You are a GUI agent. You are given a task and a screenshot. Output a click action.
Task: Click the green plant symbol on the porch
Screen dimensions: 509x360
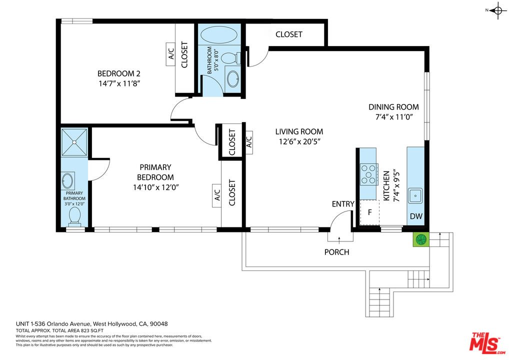point(421,239)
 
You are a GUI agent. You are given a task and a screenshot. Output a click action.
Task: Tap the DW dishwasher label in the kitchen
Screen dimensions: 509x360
point(416,216)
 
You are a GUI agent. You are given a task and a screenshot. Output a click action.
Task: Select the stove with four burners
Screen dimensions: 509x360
point(368,174)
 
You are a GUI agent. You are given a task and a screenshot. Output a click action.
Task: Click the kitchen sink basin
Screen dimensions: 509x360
point(415,195)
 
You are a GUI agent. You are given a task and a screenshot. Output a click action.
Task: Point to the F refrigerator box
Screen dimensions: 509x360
point(369,212)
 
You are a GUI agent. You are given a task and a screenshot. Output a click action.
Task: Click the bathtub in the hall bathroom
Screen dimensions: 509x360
point(219,34)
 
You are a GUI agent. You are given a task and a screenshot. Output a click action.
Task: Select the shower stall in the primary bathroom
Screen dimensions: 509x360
point(74,142)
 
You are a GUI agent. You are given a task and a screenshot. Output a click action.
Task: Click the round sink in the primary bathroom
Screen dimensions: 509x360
point(67,181)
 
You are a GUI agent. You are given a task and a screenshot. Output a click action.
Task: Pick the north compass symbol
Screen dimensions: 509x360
point(497,10)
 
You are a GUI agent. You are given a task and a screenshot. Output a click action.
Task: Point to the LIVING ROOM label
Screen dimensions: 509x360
point(299,131)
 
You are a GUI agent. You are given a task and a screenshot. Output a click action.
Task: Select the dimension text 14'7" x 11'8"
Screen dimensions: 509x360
point(119,83)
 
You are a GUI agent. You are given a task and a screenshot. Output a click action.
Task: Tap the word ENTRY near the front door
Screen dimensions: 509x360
point(343,204)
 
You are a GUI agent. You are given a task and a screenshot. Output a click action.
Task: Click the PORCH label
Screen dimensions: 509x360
point(337,252)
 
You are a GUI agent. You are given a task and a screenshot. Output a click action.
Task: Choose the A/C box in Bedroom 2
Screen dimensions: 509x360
point(170,54)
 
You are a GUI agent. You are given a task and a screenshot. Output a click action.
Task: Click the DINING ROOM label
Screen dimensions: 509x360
point(394,107)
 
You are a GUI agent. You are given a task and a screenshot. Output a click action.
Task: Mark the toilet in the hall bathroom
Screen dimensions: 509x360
point(230,58)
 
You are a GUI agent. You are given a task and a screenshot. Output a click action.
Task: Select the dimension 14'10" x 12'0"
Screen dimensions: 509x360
point(156,187)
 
